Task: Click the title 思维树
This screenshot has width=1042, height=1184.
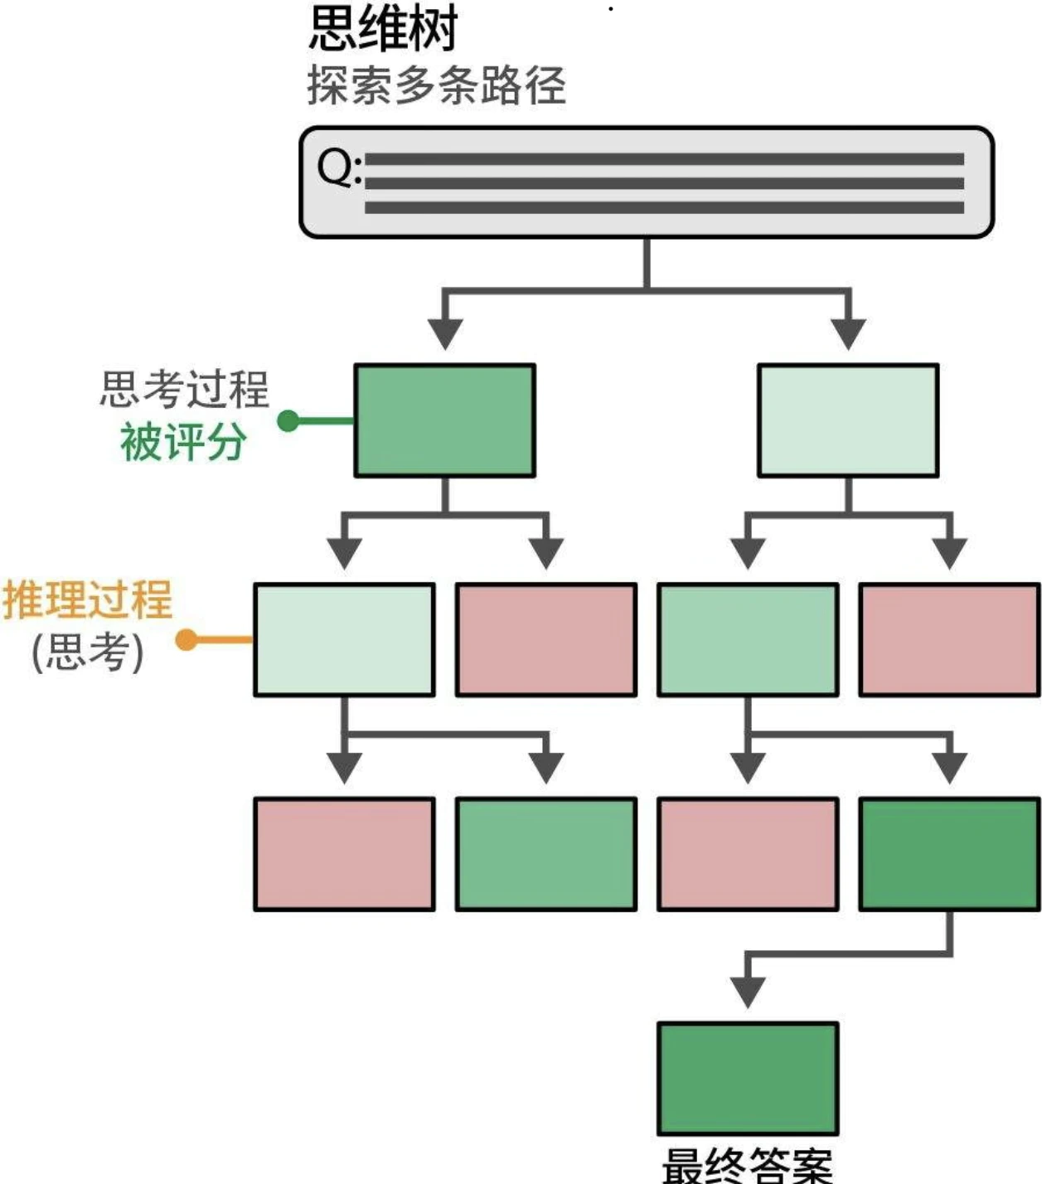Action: coord(383,28)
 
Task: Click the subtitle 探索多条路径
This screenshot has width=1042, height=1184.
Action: coord(436,85)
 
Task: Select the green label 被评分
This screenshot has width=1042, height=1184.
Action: coord(183,441)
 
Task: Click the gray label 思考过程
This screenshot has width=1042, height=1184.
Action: coord(184,389)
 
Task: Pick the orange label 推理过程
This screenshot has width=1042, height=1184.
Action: coord(88,599)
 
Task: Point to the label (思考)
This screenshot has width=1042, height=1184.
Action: coord(88,652)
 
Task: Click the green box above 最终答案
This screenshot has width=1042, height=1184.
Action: coord(748,1079)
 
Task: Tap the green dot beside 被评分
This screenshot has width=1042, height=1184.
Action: coord(288,421)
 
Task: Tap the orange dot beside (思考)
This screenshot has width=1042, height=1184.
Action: coord(187,639)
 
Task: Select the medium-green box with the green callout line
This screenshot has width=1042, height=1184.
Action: coord(444,420)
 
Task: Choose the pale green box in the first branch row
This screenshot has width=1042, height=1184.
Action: coord(848,420)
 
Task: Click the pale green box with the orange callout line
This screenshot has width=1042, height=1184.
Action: coord(344,639)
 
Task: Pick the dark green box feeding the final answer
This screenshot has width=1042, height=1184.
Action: coord(949,854)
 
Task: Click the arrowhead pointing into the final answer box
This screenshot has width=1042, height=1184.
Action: coord(748,991)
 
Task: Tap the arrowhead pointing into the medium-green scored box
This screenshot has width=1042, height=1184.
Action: coord(445,333)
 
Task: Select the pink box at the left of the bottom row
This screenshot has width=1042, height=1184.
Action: coord(344,854)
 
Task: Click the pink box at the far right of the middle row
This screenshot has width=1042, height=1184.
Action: coord(949,639)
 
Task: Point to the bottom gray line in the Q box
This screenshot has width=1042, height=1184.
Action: coord(663,207)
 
